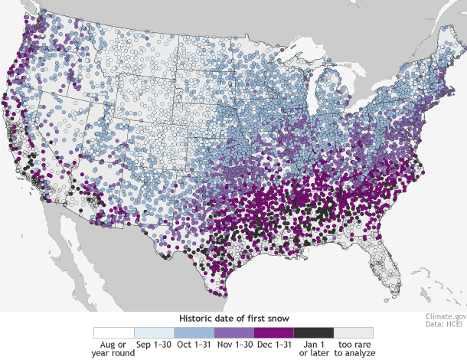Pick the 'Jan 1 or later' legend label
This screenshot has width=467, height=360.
(312, 349)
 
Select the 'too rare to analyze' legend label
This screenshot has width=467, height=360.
(352, 349)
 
